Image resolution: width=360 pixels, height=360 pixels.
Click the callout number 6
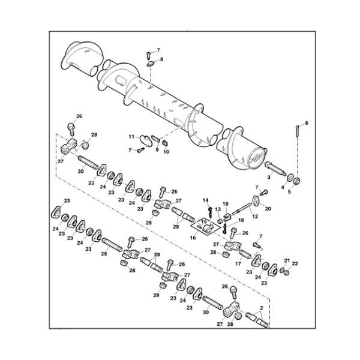pyautogui.click(x=306, y=123)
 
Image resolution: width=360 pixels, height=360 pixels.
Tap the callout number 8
pyautogui.click(x=160, y=59)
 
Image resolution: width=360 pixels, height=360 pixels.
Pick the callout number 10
pyautogui.click(x=167, y=152)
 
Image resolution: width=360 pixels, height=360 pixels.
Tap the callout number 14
pyautogui.click(x=205, y=200)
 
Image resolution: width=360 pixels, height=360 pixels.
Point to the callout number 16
pyautogui.click(x=192, y=238)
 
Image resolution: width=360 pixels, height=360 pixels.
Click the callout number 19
pyautogui.click(x=226, y=204)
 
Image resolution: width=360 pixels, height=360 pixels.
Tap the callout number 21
pyautogui.click(x=286, y=262)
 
